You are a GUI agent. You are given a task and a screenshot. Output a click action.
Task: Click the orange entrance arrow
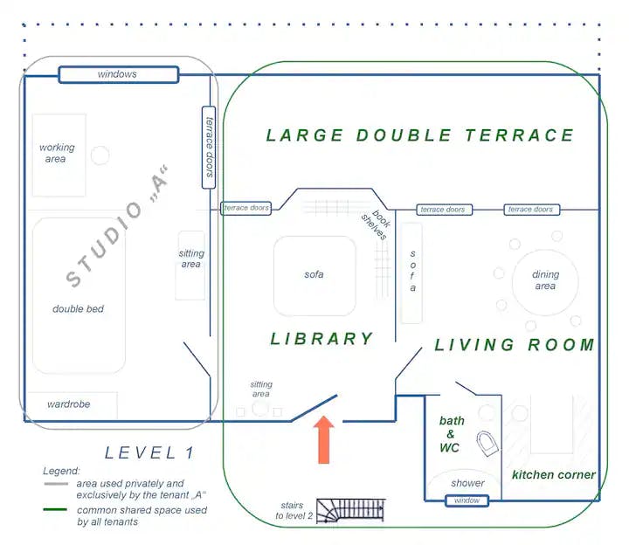pyautogui.click(x=324, y=439)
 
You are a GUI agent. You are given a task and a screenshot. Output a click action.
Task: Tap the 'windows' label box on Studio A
pyautogui.click(x=119, y=74)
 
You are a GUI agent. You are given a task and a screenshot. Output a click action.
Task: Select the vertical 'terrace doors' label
pyautogui.click(x=209, y=148)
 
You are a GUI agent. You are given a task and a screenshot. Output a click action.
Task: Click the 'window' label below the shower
pyautogui.click(x=467, y=500)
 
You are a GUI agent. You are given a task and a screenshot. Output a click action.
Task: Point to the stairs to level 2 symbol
pyautogui.click(x=350, y=511)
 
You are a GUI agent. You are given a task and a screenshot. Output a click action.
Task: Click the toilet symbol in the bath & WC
pyautogui.click(x=487, y=444)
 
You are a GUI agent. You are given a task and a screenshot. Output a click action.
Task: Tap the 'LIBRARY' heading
pyautogui.click(x=322, y=339)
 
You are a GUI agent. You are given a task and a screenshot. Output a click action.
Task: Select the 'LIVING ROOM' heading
pyautogui.click(x=515, y=345)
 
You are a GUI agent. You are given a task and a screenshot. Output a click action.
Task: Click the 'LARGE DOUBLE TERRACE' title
pyautogui.click(x=420, y=135)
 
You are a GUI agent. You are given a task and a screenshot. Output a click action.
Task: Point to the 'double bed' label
pyautogui.click(x=79, y=309)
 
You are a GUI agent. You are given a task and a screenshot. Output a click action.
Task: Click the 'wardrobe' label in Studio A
pyautogui.click(x=69, y=404)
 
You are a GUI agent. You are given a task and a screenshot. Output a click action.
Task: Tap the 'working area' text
pyautogui.click(x=57, y=153)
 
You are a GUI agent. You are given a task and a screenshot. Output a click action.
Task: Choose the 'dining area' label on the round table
pyautogui.click(x=545, y=279)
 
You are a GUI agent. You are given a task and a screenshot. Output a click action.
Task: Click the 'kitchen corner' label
pyautogui.click(x=554, y=475)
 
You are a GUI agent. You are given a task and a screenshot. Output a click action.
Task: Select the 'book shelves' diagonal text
pyautogui.click(x=376, y=224)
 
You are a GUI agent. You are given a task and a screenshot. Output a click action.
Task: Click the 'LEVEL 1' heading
pyautogui.click(x=149, y=452)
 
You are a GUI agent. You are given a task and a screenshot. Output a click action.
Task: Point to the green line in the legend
pyautogui.click(x=55, y=509)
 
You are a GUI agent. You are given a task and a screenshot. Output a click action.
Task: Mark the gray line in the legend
pyautogui.click(x=56, y=484)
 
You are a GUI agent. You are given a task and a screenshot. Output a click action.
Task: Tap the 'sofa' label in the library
pyautogui.click(x=314, y=275)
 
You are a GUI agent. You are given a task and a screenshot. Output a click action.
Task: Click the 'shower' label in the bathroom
pyautogui.click(x=467, y=483)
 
